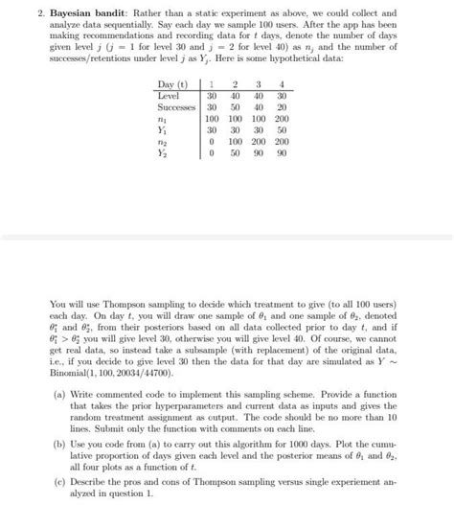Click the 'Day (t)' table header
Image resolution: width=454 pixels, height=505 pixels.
[172, 84]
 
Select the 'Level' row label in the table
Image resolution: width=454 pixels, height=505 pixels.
[168, 97]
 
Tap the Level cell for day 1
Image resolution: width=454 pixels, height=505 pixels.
[212, 97]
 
